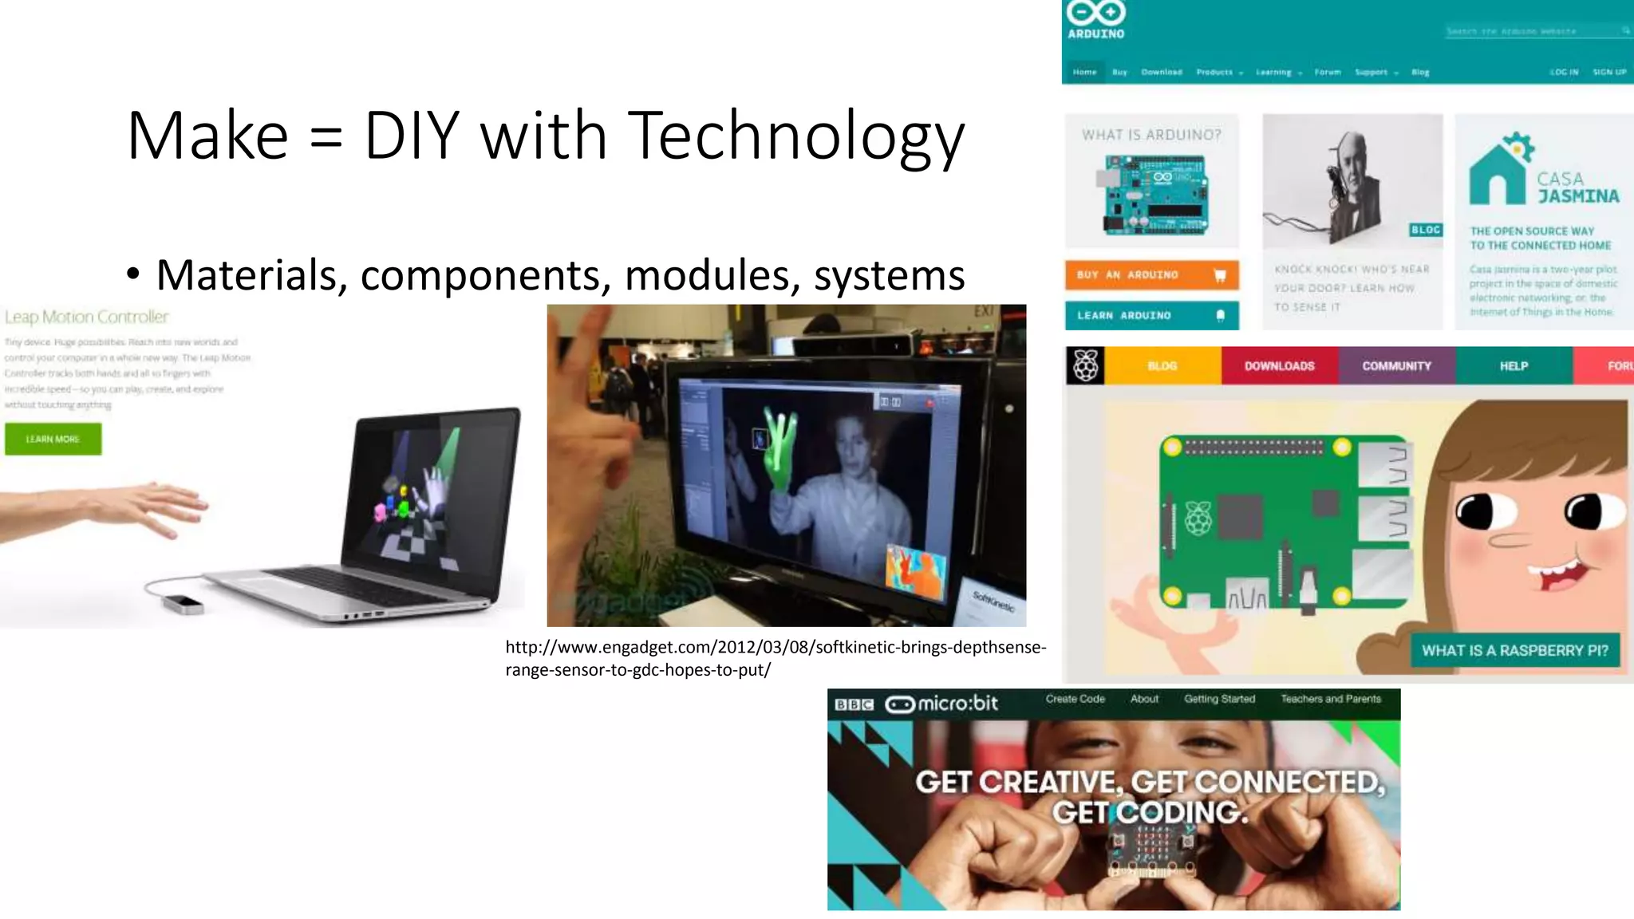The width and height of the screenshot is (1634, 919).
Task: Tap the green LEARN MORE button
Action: [x=53, y=439]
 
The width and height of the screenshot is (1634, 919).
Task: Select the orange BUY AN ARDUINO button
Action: [x=1151, y=274]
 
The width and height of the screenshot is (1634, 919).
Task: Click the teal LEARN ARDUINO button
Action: [x=1151, y=315]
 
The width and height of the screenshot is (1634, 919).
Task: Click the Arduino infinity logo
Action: [x=1096, y=13]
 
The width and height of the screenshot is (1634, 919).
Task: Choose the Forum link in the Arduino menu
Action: [x=1328, y=72]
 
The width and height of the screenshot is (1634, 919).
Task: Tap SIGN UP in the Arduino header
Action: [x=1609, y=72]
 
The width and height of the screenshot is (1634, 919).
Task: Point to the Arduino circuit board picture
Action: [x=1155, y=194]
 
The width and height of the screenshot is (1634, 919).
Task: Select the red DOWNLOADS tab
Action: [x=1279, y=365]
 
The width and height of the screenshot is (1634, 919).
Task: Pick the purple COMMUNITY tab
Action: [x=1396, y=365]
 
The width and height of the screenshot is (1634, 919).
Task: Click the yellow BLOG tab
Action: [x=1162, y=365]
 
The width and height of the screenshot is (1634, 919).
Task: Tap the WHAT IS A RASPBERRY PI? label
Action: [x=1514, y=650]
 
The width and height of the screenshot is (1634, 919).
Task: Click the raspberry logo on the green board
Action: [x=1198, y=518]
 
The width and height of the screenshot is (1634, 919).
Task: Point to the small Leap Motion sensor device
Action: [x=183, y=602]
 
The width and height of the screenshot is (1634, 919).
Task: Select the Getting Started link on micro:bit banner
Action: [x=1219, y=699]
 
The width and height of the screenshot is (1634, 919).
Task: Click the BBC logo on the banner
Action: [x=854, y=704]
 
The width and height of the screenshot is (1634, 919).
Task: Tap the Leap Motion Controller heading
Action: [x=86, y=317]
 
